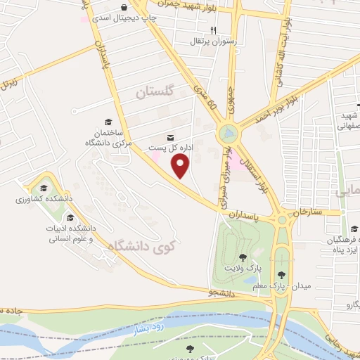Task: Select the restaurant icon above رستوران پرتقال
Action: click(x=214, y=30)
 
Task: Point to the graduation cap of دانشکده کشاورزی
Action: click(x=44, y=188)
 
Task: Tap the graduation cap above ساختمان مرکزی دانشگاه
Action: click(x=107, y=121)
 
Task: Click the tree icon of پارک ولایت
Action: click(x=243, y=257)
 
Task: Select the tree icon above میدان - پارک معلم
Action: click(x=282, y=275)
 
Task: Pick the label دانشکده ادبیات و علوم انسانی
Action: click(x=67, y=233)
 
